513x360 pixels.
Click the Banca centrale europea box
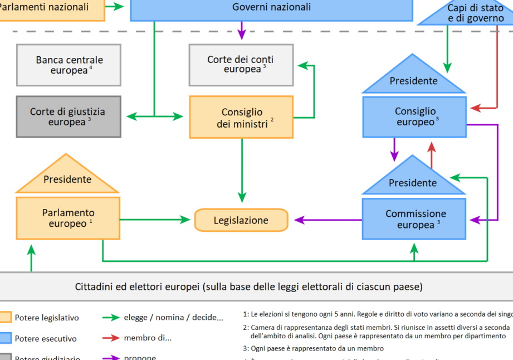(69, 65)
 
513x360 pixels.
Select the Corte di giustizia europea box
(69, 116)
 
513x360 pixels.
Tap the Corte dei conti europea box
(241, 65)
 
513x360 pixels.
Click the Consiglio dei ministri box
(241, 117)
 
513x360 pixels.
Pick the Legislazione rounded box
(241, 220)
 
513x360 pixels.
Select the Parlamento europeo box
(68, 218)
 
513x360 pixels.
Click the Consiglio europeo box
(414, 117)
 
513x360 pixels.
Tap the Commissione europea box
(414, 219)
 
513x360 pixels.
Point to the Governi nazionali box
(271, 8)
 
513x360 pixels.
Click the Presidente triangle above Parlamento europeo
(67, 177)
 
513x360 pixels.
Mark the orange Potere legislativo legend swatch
(5, 318)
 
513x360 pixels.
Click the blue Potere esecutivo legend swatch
(5, 338)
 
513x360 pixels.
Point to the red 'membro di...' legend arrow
(111, 338)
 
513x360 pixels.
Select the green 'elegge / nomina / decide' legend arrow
(111, 318)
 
